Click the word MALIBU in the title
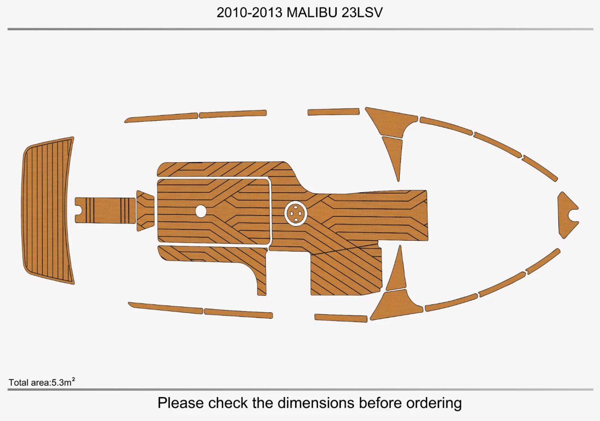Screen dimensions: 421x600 pos(312,12)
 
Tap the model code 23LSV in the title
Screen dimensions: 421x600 pos(362,12)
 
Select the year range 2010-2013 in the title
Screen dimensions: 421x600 pos(250,12)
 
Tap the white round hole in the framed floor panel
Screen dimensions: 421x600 pos(201,211)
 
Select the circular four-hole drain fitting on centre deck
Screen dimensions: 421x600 pos(296,213)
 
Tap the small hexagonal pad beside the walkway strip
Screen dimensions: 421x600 pos(145,211)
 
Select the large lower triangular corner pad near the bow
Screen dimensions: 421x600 pos(396,306)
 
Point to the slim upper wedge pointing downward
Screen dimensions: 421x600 pos(394,154)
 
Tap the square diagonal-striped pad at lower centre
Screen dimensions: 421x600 pos(346,272)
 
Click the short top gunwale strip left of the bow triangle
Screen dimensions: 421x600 pos(333,112)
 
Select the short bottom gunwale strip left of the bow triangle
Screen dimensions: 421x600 pos(341,318)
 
